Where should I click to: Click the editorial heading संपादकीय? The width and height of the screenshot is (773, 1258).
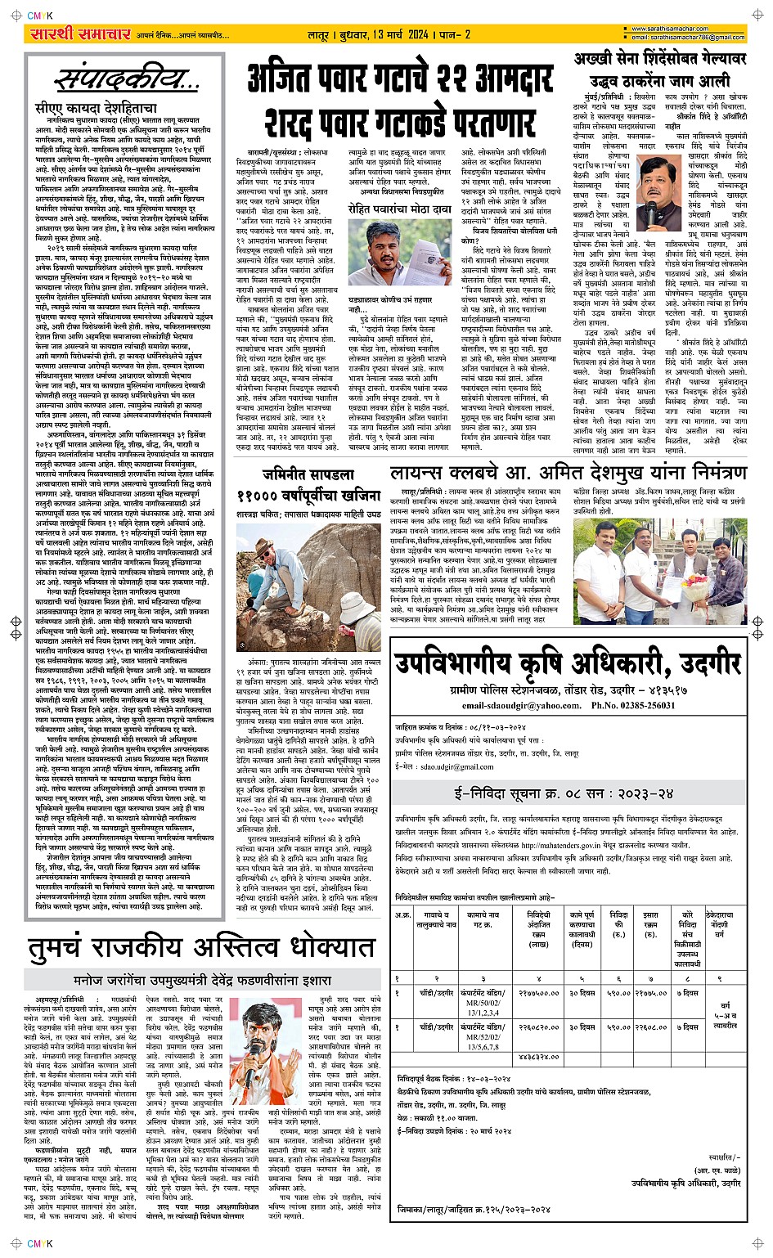pyautogui.click(x=128, y=80)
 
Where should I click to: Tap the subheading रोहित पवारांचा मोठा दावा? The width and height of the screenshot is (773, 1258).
pyautogui.click(x=399, y=210)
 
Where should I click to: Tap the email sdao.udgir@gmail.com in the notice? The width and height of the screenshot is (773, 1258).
pyautogui.click(x=456, y=766)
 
